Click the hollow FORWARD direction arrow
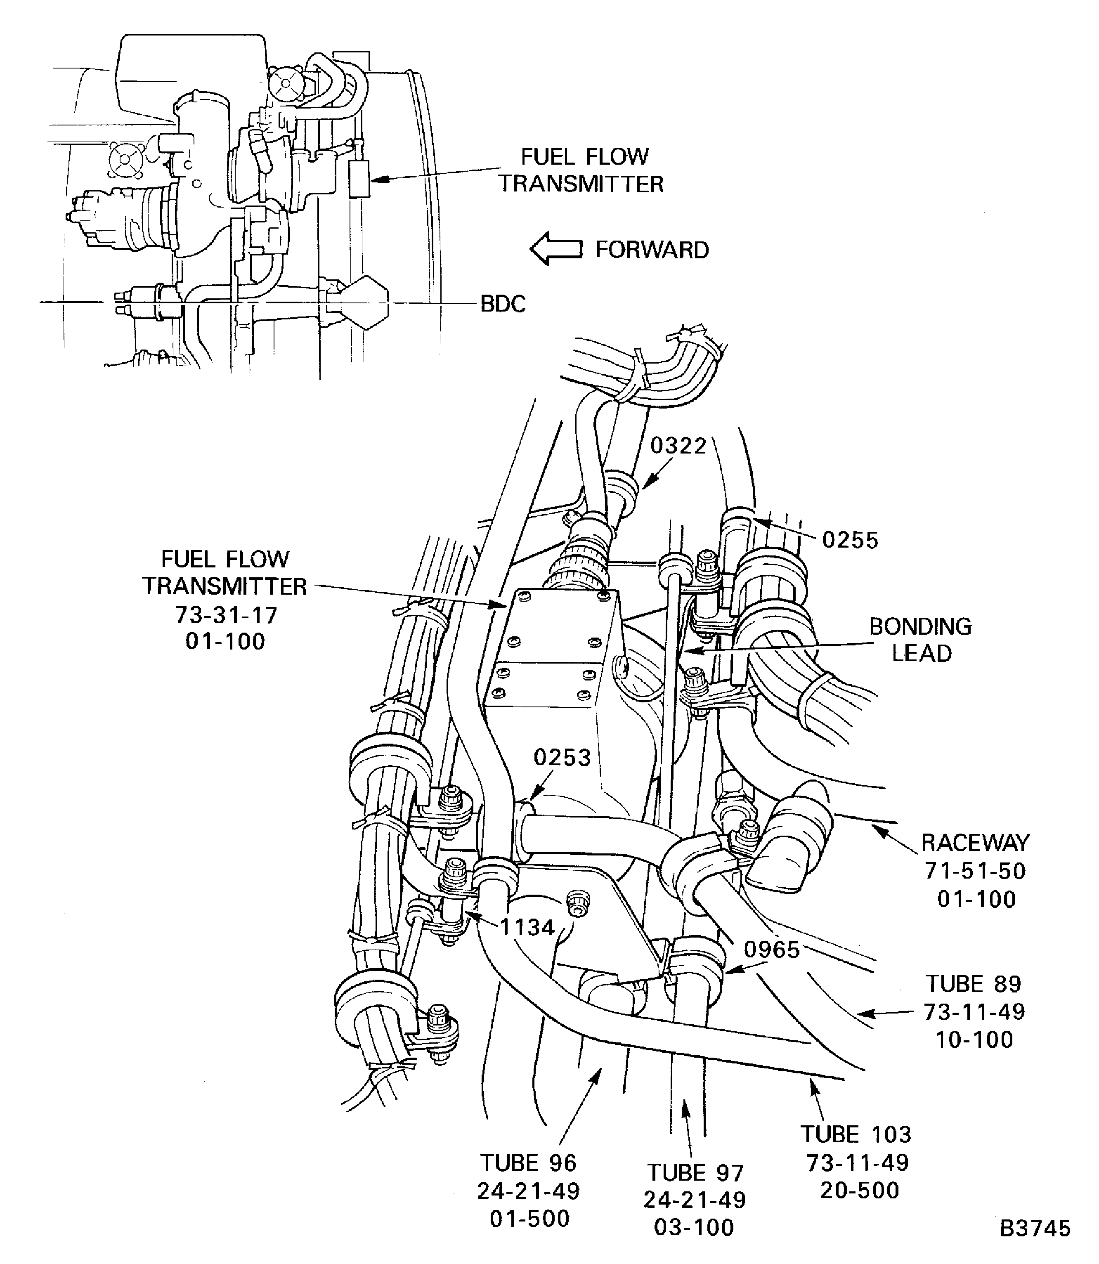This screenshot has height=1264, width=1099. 555,248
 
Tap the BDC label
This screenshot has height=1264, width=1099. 503,304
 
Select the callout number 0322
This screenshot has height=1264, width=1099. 679,446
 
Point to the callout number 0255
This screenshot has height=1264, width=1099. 850,540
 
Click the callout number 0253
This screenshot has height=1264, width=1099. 562,757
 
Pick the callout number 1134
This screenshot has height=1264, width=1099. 527,927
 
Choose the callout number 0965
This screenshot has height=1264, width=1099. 772,950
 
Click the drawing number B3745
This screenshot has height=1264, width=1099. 1035,1229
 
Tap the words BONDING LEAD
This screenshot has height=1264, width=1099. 921,640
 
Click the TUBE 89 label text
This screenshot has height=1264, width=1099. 973,984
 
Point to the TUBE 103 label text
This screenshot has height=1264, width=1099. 856,1134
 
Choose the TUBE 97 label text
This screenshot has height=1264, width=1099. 695,1173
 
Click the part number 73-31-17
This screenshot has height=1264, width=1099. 226,614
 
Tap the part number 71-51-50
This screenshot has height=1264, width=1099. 975,871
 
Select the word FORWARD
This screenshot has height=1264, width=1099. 652,250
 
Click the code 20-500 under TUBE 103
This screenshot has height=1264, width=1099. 860,1191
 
